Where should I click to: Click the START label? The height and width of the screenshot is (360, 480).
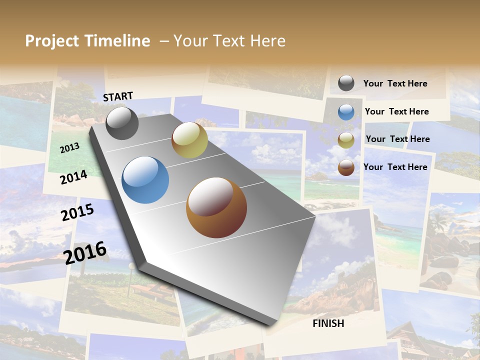pyautogui.click(x=118, y=96)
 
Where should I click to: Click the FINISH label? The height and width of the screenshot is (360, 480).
pyautogui.click(x=328, y=323)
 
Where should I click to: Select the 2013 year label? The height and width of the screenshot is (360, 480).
pyautogui.click(x=69, y=147)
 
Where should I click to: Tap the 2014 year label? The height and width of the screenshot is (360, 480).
pyautogui.click(x=73, y=177)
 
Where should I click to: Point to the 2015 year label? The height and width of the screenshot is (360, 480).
pyautogui.click(x=77, y=212)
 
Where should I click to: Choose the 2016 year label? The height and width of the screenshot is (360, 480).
pyautogui.click(x=85, y=252)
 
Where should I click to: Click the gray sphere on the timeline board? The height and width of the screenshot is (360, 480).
pyautogui.click(x=122, y=123)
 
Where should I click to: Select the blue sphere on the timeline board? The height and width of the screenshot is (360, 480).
pyautogui.click(x=145, y=180)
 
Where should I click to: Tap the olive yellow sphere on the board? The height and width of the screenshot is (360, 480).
pyautogui.click(x=189, y=140)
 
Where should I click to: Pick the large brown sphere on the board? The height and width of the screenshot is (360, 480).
pyautogui.click(x=216, y=207)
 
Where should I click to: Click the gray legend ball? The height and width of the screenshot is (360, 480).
pyautogui.click(x=346, y=83)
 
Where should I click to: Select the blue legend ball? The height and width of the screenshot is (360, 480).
pyautogui.click(x=346, y=111)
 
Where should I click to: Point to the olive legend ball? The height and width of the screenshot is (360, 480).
pyautogui.click(x=346, y=140)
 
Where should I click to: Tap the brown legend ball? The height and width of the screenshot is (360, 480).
pyautogui.click(x=346, y=167)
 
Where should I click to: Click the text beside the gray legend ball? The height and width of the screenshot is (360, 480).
pyautogui.click(x=395, y=83)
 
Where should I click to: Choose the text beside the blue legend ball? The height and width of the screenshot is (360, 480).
pyautogui.click(x=396, y=111)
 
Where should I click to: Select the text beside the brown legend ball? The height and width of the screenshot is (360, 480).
pyautogui.click(x=395, y=167)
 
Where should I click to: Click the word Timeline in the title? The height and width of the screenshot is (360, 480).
pyautogui.click(x=117, y=41)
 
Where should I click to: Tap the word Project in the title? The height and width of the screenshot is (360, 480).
pyautogui.click(x=52, y=41)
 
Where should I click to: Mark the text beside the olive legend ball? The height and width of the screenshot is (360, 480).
pyautogui.click(x=397, y=139)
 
